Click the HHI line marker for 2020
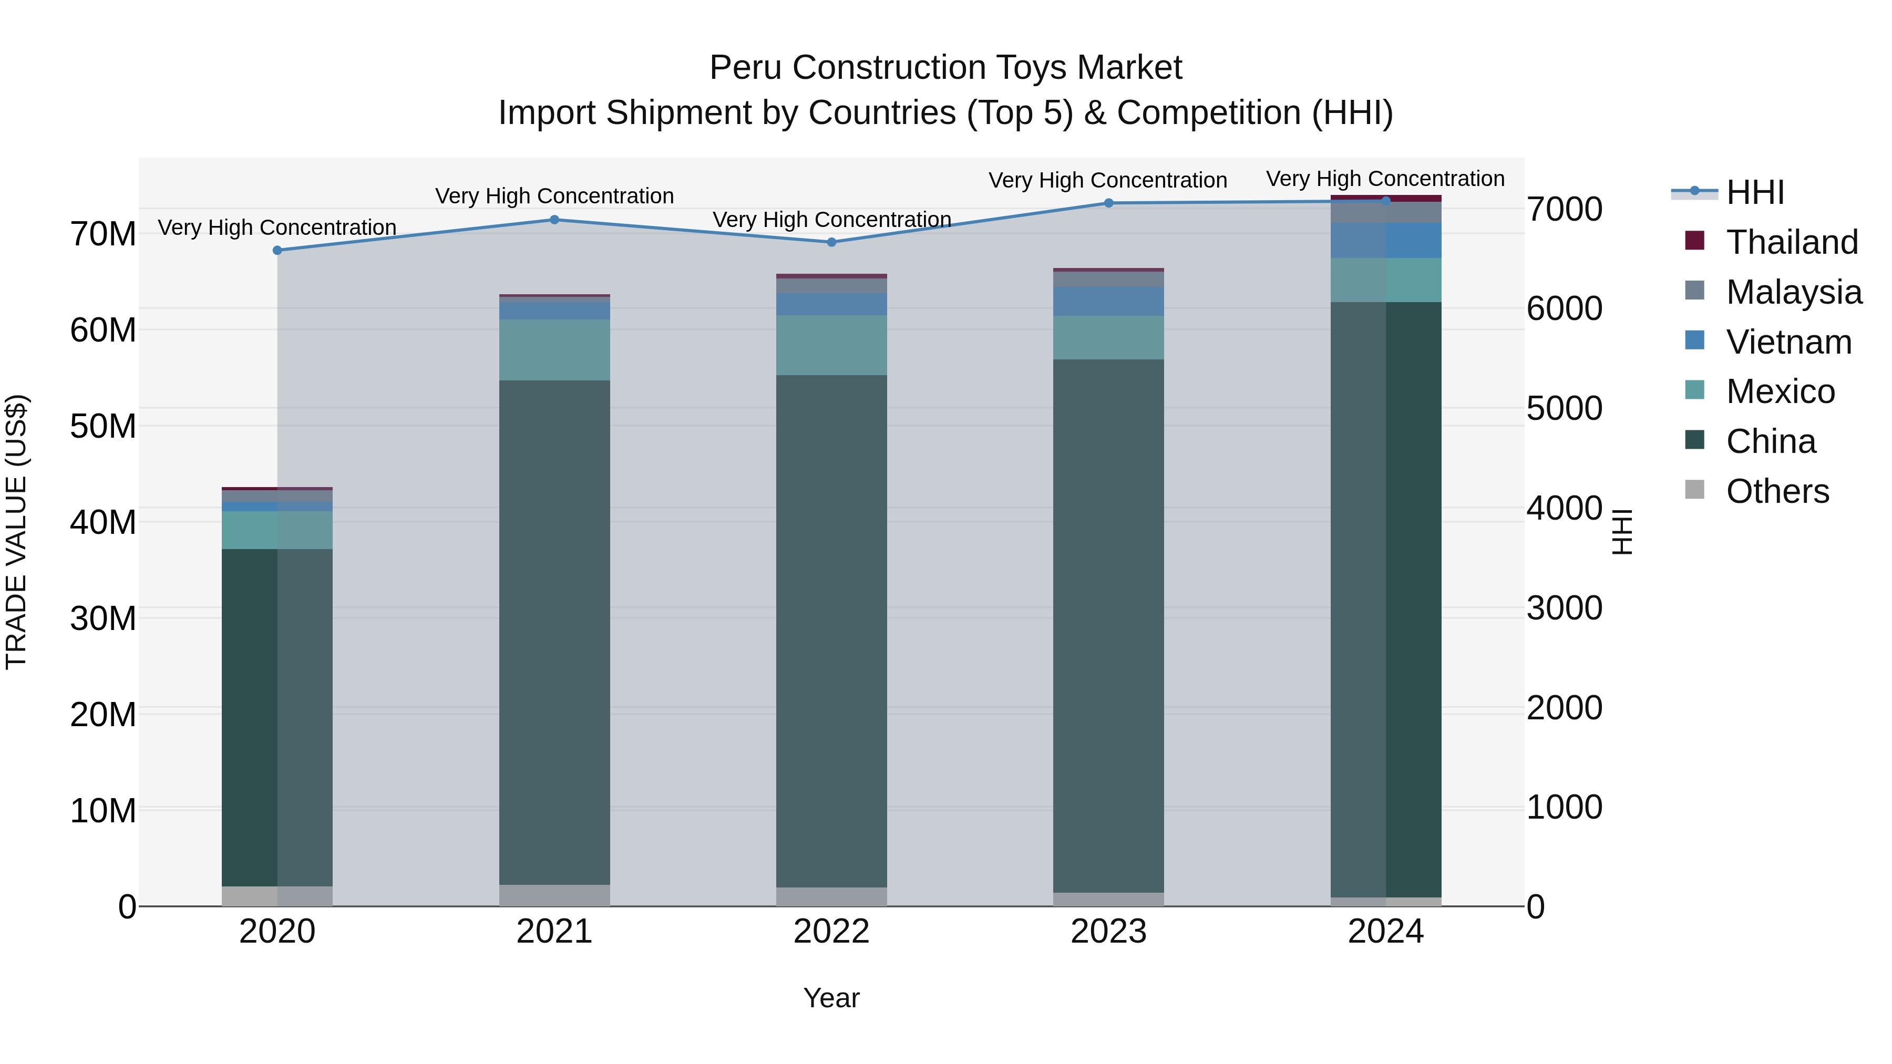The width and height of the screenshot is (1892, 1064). [277, 251]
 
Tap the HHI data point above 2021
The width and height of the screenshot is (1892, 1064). [554, 220]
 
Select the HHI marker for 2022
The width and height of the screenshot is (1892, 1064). [831, 242]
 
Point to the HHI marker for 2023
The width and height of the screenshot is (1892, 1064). [1108, 203]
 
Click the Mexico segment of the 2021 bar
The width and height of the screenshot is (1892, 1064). [554, 349]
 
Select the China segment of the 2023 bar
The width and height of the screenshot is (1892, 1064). [1108, 624]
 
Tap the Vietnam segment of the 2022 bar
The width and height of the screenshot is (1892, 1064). [831, 304]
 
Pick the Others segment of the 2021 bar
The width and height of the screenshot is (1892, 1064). [554, 895]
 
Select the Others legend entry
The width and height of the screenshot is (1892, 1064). [1777, 491]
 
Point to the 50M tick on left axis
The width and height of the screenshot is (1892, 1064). [103, 426]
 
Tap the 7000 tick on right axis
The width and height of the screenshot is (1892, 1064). [1565, 209]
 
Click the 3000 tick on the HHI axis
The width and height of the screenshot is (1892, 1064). [1565, 608]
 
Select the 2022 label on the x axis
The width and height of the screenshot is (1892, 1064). [831, 931]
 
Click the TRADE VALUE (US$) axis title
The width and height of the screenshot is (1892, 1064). [16, 532]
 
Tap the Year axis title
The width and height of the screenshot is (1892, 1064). [831, 998]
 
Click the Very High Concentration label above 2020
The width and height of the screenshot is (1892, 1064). [277, 228]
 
